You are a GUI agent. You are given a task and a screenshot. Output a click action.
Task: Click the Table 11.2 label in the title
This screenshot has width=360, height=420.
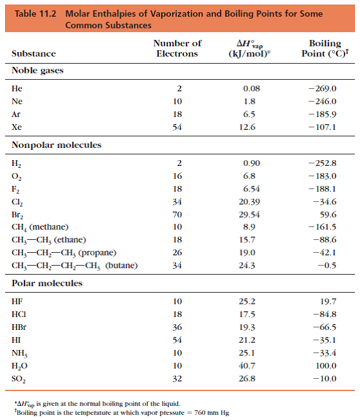click(35, 14)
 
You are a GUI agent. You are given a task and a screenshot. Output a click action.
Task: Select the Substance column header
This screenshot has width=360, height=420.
click(33, 53)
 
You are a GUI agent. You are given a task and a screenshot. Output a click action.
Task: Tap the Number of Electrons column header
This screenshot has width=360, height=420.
click(177, 48)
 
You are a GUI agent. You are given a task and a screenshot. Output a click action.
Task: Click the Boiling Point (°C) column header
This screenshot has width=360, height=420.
click(325, 48)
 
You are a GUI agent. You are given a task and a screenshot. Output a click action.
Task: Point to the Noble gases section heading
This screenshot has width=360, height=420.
click(37, 71)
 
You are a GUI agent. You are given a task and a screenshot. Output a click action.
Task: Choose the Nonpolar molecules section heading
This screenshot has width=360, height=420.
click(57, 145)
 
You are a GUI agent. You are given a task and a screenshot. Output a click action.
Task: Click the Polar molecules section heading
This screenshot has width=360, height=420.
click(47, 283)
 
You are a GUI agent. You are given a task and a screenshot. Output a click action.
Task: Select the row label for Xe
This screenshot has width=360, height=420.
click(17, 127)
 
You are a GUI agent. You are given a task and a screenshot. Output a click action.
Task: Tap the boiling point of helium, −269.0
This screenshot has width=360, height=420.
click(322, 88)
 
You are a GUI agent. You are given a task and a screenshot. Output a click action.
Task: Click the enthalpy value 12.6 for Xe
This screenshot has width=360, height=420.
click(247, 127)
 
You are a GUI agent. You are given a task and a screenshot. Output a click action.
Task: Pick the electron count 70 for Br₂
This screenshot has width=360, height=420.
click(177, 215)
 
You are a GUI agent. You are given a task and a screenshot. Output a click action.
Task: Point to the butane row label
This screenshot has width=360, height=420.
click(75, 266)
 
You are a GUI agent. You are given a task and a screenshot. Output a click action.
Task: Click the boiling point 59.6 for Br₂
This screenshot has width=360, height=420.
click(328, 215)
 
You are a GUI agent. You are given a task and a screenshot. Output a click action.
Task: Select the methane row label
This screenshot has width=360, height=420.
click(40, 227)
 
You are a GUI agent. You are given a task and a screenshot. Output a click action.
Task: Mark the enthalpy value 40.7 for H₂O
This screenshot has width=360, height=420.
click(247, 365)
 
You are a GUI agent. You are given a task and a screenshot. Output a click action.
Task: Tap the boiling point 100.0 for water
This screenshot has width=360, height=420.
click(326, 365)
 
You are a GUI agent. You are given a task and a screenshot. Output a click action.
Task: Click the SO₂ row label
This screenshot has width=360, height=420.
click(19, 379)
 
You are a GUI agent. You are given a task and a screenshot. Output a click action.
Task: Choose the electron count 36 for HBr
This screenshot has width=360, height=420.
click(177, 327)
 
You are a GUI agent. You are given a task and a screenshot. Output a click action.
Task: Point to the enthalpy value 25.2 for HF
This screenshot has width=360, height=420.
click(247, 302)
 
